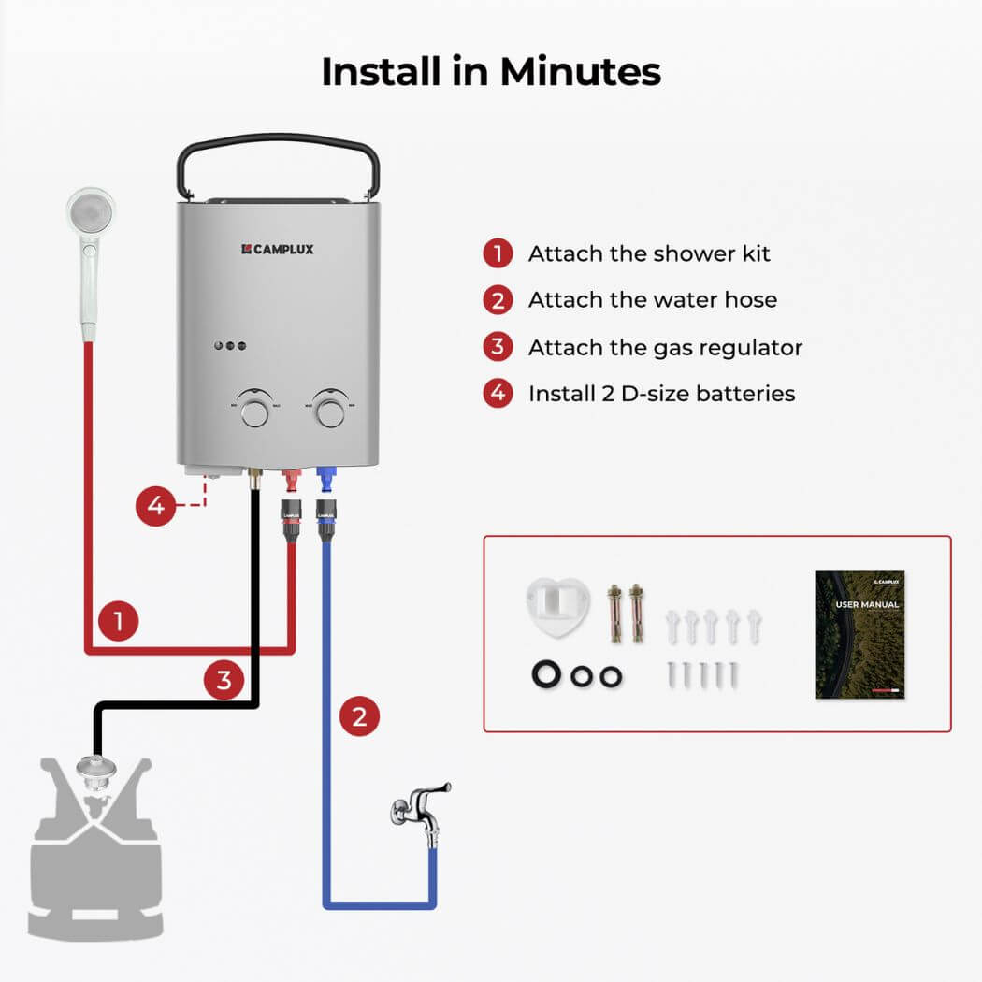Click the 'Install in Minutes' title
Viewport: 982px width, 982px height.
click(491, 72)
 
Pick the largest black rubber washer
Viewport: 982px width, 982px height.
click(544, 675)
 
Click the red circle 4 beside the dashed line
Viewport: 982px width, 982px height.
click(155, 506)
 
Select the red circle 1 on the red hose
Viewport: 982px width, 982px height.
click(118, 620)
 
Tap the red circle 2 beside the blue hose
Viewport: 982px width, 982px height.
click(359, 717)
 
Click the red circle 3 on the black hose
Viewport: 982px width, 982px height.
click(224, 679)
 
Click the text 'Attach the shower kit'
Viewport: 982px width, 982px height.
click(648, 253)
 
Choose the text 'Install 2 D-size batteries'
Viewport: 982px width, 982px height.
click(661, 394)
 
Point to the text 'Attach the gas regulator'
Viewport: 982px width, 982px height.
click(665, 347)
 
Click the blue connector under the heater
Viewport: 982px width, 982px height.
click(326, 483)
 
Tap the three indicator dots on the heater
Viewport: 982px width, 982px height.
click(230, 346)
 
